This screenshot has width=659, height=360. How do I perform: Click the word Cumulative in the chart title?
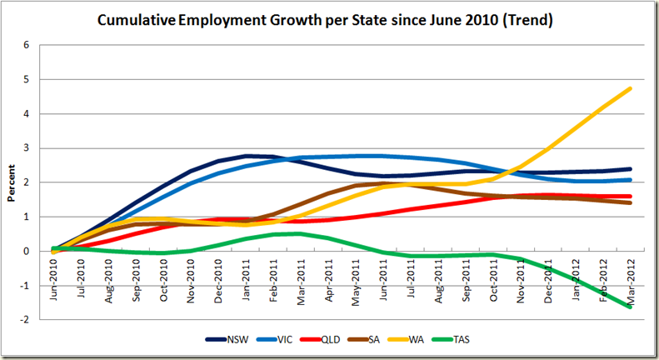137,19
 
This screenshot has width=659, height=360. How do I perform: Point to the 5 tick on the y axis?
27,80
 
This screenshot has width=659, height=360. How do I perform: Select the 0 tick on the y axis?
27,252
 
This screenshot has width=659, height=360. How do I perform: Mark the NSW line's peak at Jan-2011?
247,156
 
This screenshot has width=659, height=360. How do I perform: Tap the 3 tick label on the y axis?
27,148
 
